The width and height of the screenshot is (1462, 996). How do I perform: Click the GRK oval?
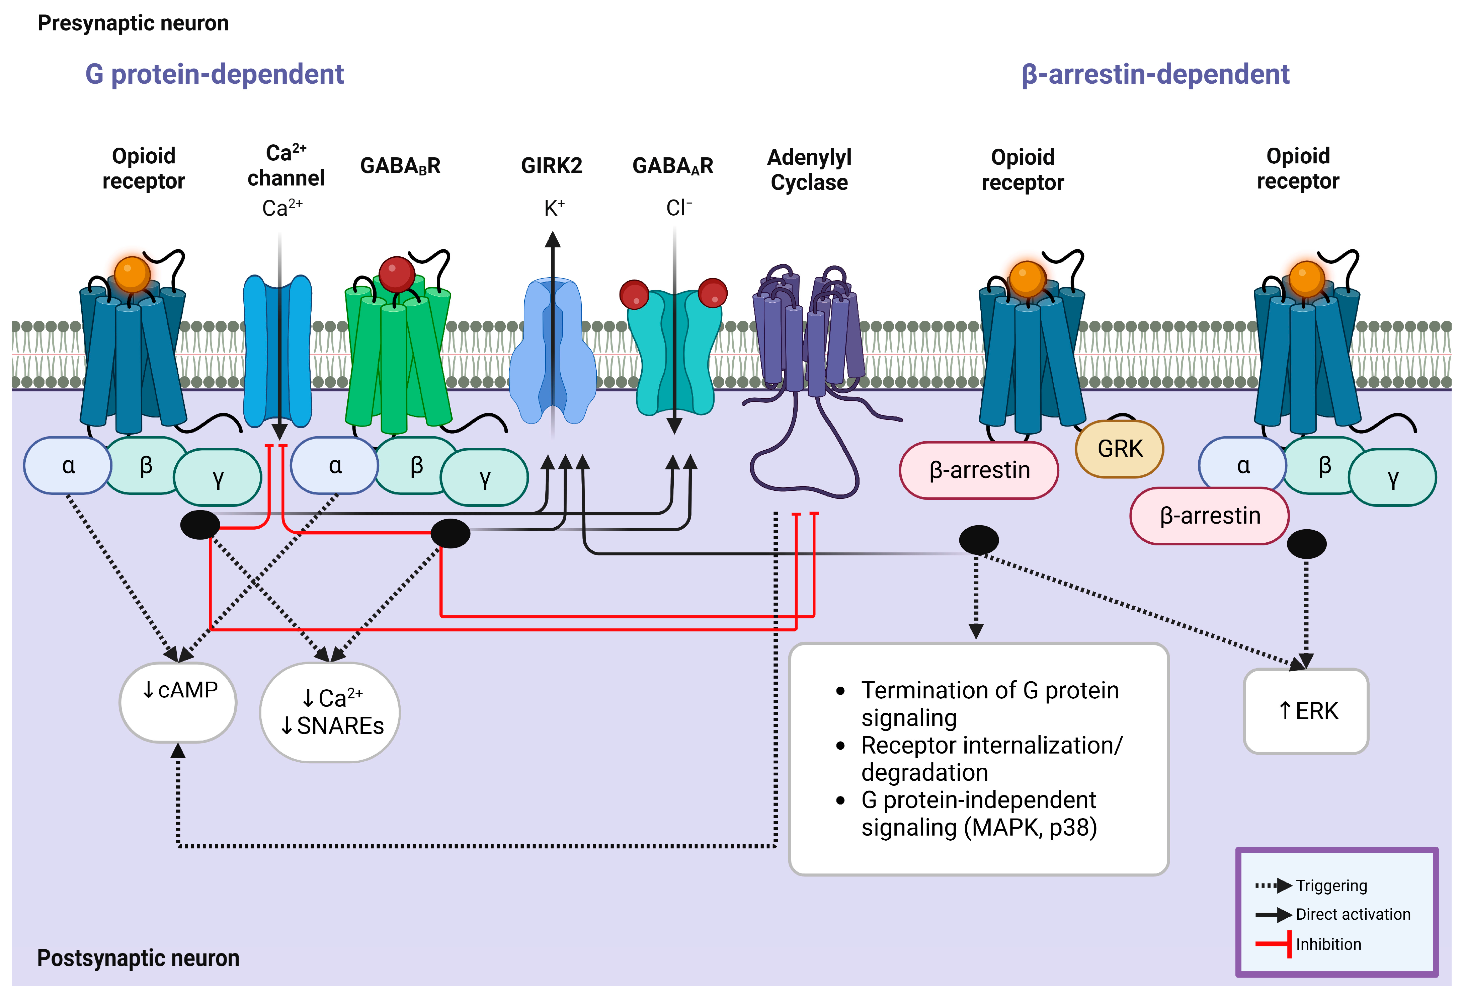pyautogui.click(x=1119, y=449)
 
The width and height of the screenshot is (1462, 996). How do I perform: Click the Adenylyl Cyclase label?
pyautogui.click(x=809, y=169)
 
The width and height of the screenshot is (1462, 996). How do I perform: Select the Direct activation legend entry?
pyautogui.click(x=1353, y=914)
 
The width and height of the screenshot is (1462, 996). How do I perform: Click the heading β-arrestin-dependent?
pyautogui.click(x=1155, y=74)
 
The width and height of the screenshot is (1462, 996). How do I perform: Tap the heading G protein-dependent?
pyautogui.click(x=215, y=74)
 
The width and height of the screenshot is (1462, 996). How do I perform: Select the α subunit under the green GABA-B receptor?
pyautogui.click(x=335, y=466)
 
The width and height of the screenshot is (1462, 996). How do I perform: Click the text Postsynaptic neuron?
pyautogui.click(x=138, y=957)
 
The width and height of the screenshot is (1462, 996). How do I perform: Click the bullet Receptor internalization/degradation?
pyautogui.click(x=991, y=758)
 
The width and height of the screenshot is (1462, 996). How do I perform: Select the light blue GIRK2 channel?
pyautogui.click(x=552, y=352)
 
